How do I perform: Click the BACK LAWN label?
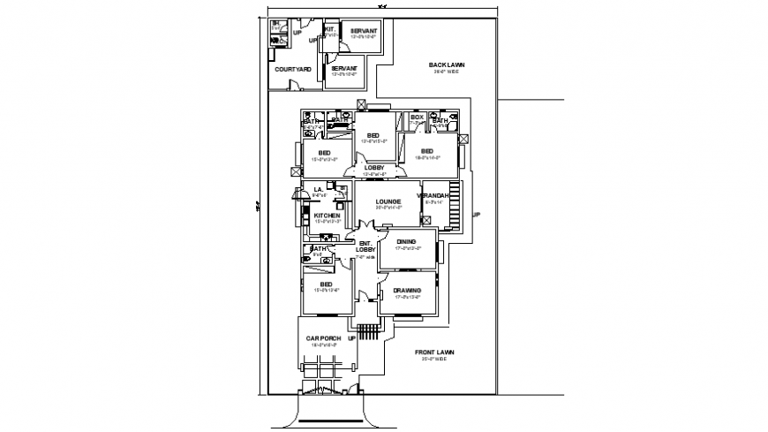(447, 64)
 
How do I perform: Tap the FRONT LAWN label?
(435, 352)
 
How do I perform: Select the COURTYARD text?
(291, 69)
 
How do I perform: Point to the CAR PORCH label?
(324, 338)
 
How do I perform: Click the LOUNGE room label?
(388, 201)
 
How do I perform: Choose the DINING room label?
(407, 241)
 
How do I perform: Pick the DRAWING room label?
(407, 290)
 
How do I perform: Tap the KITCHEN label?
(328, 216)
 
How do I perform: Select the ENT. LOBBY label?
(365, 246)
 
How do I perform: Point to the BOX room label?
(418, 117)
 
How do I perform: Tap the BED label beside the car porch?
(313, 284)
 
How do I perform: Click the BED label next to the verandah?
(426, 151)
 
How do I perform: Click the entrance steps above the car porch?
(369, 331)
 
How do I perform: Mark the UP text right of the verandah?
(477, 215)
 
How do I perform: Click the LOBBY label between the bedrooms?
(375, 167)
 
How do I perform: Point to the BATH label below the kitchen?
(319, 248)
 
